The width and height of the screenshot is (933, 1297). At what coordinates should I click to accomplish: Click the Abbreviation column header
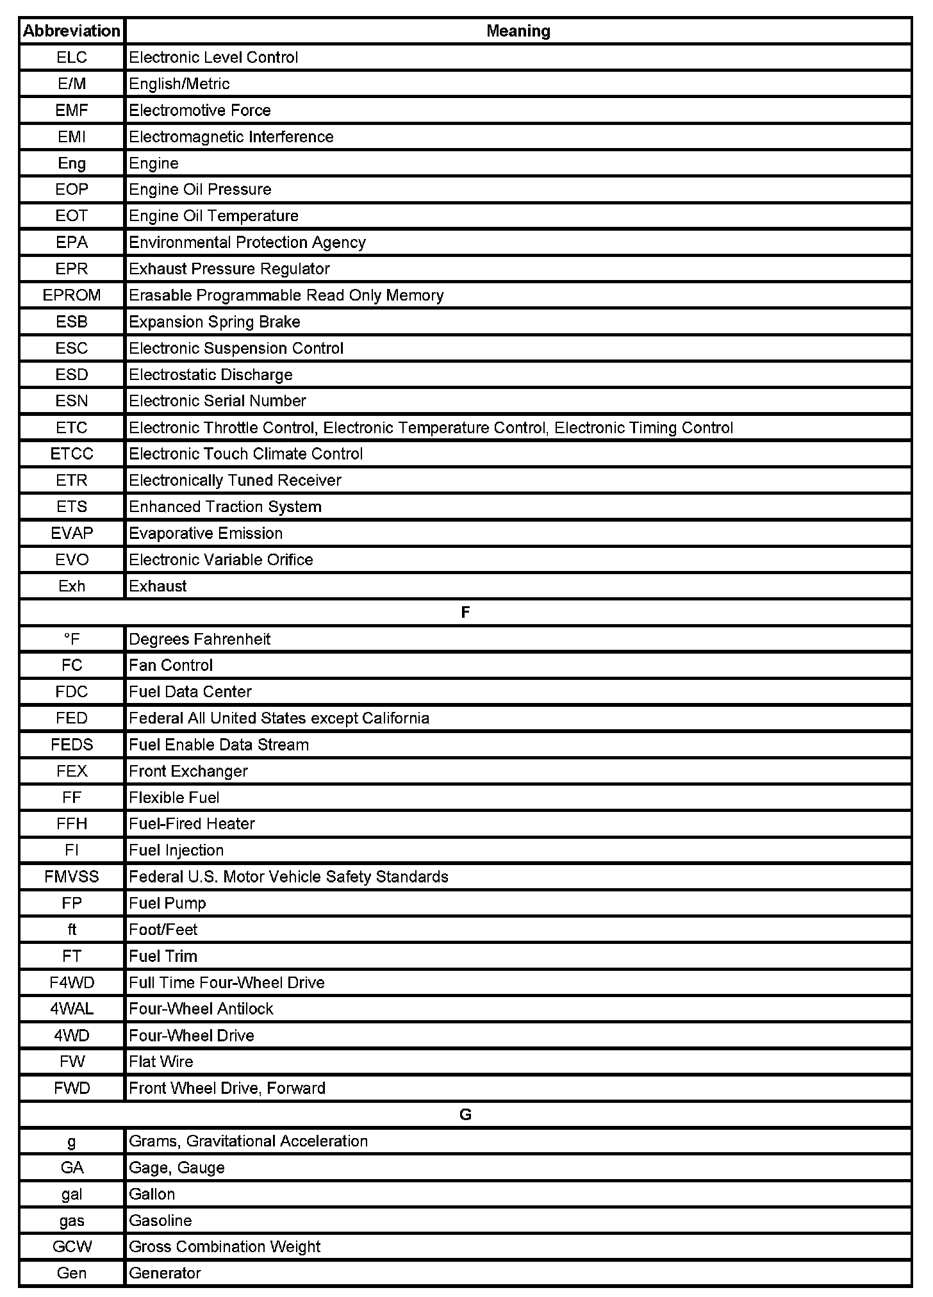point(72,31)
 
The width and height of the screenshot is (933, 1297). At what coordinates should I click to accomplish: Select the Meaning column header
point(518,31)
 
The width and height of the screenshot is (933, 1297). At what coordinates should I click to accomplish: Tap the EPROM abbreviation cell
point(72,295)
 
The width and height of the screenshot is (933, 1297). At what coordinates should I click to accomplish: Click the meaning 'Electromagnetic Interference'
point(231,136)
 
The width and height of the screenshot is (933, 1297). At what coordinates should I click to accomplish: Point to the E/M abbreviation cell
point(72,84)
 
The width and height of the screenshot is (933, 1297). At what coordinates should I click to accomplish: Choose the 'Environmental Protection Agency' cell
point(247,242)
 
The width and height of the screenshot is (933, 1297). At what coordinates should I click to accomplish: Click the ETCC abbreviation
point(72,454)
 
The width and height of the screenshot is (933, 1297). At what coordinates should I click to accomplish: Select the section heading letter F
point(465,613)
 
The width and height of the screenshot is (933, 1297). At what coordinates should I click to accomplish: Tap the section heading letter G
point(465,1114)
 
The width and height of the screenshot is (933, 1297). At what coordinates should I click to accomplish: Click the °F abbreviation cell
point(72,639)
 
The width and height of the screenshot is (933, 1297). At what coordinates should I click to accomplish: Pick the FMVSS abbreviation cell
point(72,877)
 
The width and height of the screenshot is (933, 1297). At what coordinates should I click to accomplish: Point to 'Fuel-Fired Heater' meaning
point(192,823)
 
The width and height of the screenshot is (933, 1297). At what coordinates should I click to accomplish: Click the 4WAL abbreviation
point(72,1009)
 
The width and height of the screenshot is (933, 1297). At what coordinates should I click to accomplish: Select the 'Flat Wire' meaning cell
point(161,1061)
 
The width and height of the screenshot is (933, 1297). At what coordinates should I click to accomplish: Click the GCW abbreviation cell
point(72,1246)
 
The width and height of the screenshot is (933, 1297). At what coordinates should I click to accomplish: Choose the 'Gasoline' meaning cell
point(160,1220)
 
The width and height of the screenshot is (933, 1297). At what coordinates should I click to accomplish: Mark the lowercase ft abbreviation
point(72,929)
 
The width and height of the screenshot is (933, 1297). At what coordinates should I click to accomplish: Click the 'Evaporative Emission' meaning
point(206,533)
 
